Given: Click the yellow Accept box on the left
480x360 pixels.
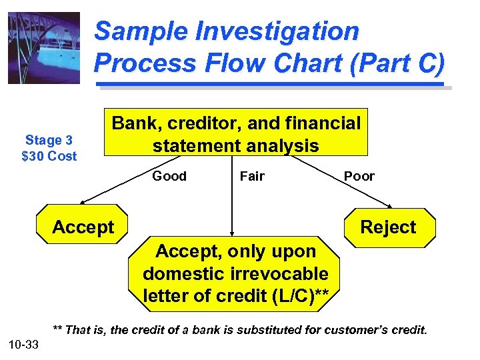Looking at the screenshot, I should (83, 227).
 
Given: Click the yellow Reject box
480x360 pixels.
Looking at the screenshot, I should (388, 227).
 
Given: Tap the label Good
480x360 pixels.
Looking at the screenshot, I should (169, 176).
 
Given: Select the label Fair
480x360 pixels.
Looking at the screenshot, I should (252, 176).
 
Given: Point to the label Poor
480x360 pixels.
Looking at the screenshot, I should (359, 176).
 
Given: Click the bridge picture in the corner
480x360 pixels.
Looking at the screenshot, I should (44, 48).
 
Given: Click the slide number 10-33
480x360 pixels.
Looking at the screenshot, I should (24, 344).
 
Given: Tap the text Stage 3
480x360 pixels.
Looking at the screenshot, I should (49, 140).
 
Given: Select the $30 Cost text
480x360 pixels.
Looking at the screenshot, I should (49, 156).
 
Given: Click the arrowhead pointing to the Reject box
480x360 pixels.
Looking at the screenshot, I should (390, 205).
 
